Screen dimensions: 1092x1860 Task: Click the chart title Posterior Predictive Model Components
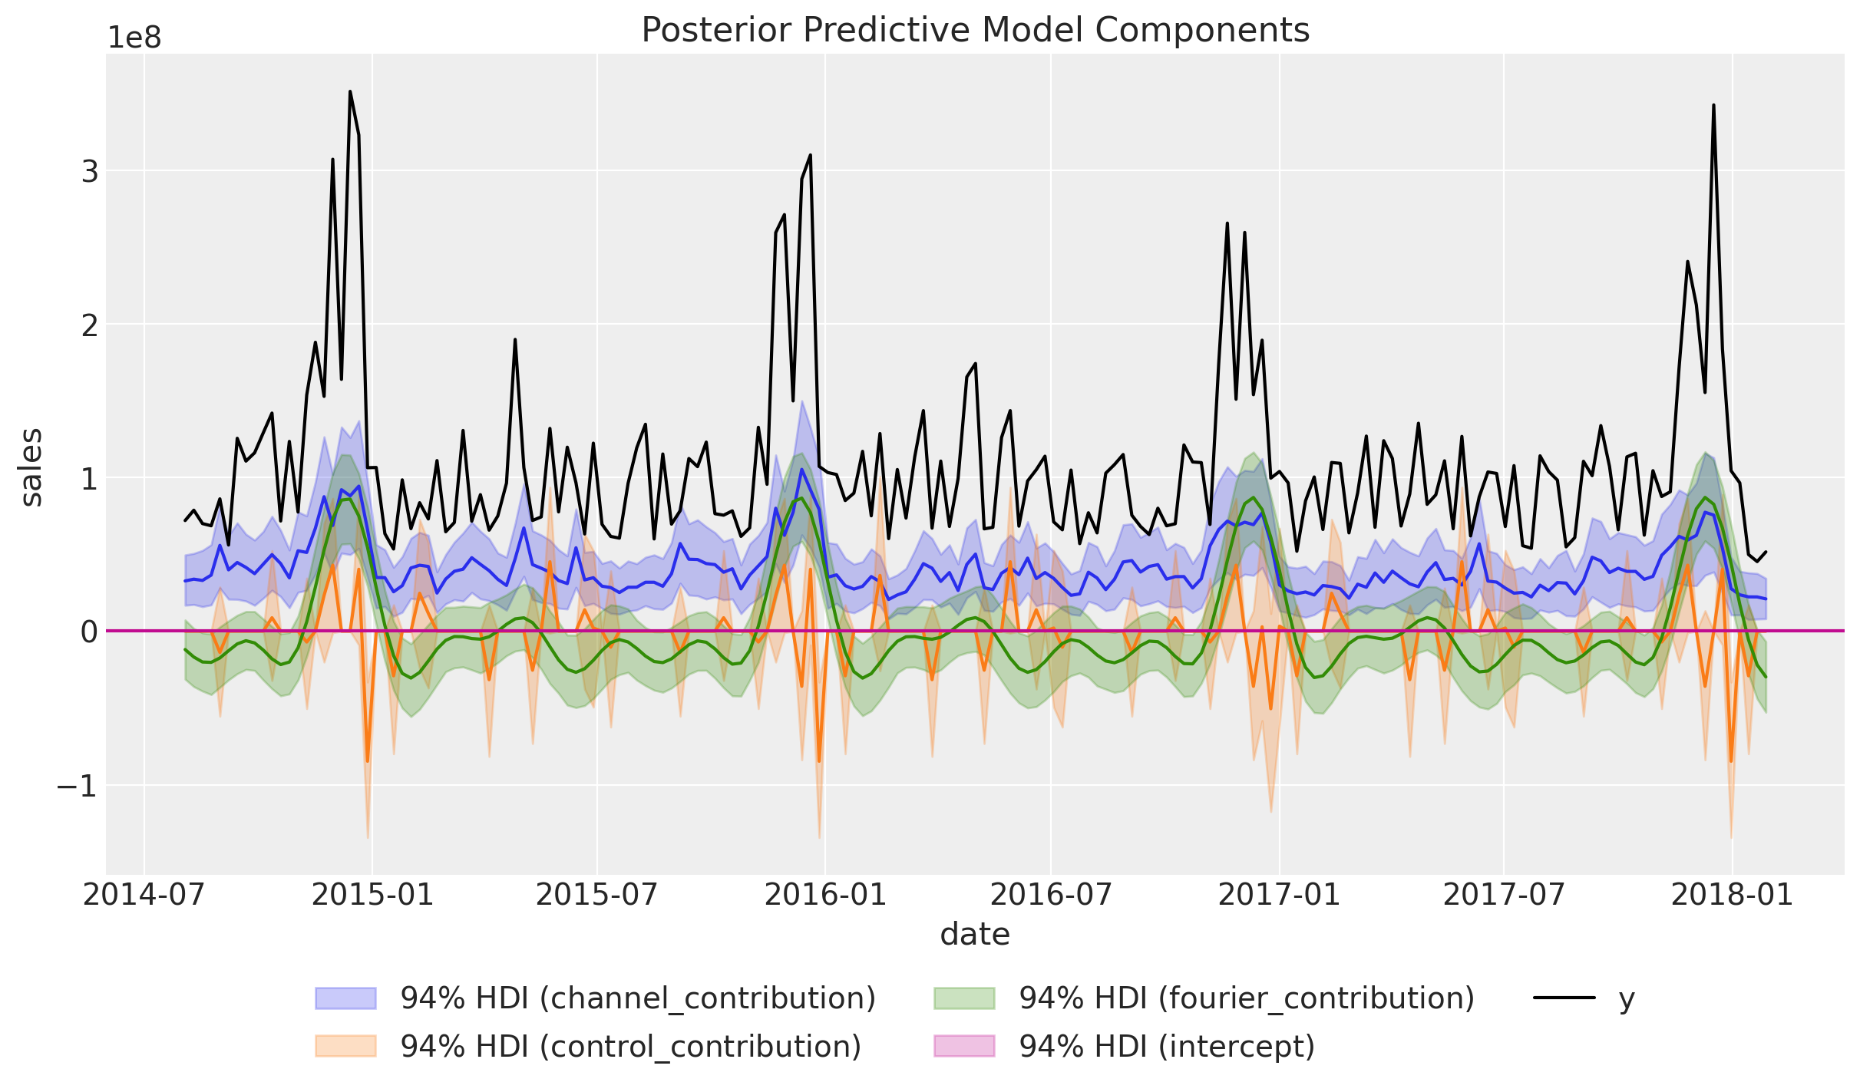click(975, 31)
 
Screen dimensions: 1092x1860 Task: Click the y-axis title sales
click(31, 467)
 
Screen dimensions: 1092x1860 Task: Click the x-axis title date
click(975, 935)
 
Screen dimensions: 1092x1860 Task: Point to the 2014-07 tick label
click(144, 895)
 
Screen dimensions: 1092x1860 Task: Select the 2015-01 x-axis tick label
click(372, 895)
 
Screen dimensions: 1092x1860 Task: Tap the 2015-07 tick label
click(596, 895)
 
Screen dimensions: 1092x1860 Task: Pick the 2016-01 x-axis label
click(825, 895)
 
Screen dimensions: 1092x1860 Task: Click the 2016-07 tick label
click(1050, 895)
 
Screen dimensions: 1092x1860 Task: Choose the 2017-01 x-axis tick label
click(1280, 895)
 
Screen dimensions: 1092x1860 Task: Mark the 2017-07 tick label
click(1504, 895)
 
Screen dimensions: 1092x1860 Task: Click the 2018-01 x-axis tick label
click(1733, 895)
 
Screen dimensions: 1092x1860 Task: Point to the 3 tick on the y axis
click(90, 171)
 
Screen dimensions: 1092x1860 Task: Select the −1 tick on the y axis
click(78, 786)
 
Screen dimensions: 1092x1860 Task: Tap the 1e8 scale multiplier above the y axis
click(134, 38)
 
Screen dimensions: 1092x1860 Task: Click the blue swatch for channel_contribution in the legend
click(346, 998)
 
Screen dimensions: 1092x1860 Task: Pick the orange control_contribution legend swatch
click(346, 1046)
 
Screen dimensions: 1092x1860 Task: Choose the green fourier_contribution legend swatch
click(964, 998)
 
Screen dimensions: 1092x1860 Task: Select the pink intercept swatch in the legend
click(964, 1046)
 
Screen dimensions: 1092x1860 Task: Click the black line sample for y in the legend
click(1564, 998)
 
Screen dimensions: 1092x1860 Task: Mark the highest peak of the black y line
click(350, 91)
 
